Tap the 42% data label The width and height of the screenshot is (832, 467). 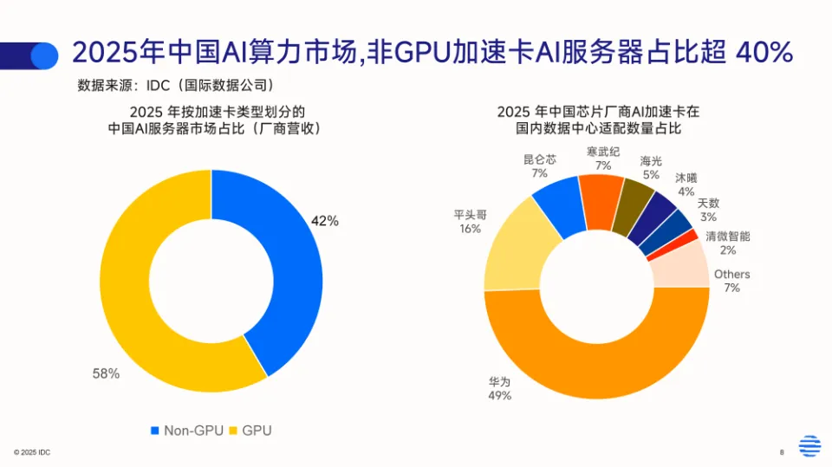coord(325,221)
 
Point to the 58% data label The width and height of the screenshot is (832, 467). coord(106,373)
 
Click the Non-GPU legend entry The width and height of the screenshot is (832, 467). coord(186,430)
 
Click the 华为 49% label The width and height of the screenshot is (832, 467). coord(499,388)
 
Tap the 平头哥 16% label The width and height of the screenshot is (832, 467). coord(470,222)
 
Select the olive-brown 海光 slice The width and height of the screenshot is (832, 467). coord(632,208)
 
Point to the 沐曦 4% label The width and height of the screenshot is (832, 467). coord(686,184)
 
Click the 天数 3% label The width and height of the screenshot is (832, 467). coord(708,210)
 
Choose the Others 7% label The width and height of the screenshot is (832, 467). coord(731,281)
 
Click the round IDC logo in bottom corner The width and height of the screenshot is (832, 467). coord(809,445)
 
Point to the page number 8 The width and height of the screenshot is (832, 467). coord(782,452)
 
